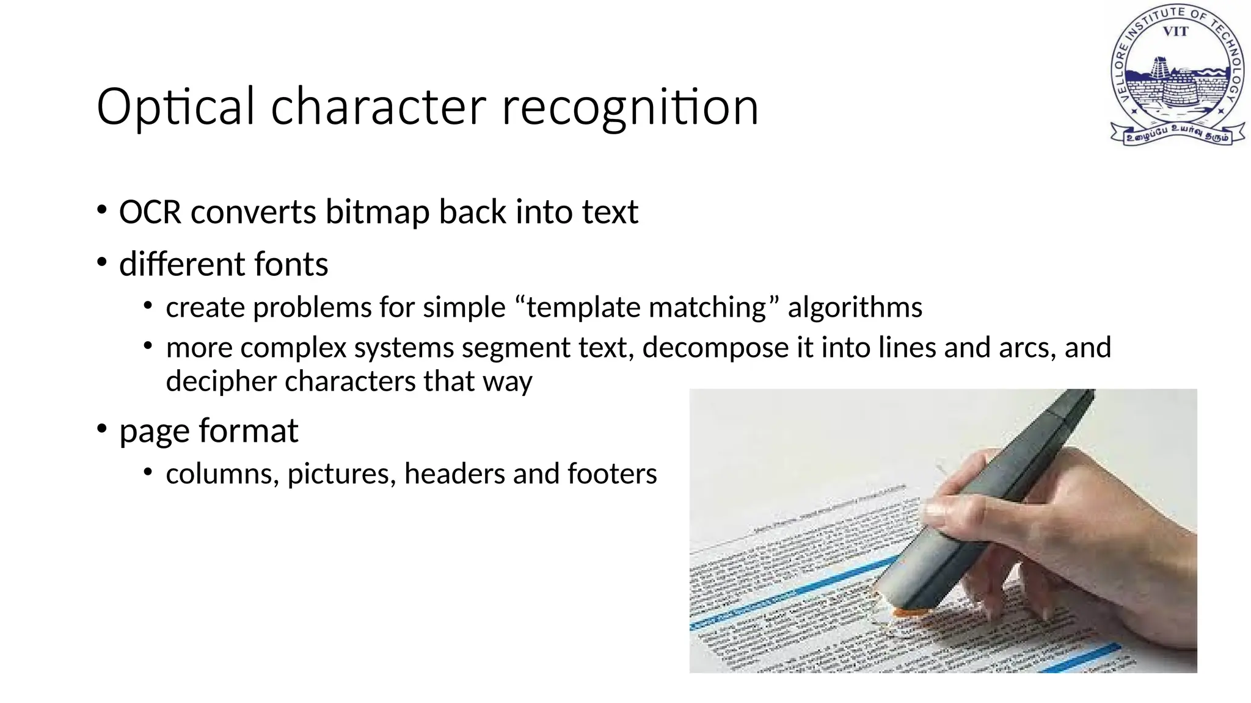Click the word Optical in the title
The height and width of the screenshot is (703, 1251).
coord(175,107)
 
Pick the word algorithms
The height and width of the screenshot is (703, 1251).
coord(855,308)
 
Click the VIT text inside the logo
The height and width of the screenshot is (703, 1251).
coord(1175,31)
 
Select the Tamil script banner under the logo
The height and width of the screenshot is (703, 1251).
coord(1177,134)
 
